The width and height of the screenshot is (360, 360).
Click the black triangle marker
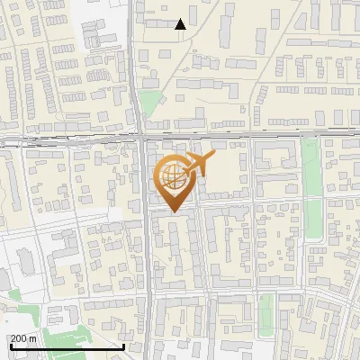pyautogui.click(x=180, y=24)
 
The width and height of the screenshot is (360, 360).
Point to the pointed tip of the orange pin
pyautogui.click(x=172, y=211)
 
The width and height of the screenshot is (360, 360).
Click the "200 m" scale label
pyautogui.click(x=22, y=338)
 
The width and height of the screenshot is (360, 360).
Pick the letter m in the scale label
pyautogui.click(x=32, y=338)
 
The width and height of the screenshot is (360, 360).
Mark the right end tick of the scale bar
pyautogui.click(x=123, y=345)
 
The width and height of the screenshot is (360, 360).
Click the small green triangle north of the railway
pyautogui.click(x=148, y=104)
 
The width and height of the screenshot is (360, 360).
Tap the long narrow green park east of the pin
pyautogui.click(x=312, y=189)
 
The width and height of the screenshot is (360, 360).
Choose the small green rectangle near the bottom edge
pyautogui.click(x=266, y=310)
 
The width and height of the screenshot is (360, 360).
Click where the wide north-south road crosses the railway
pyautogui.click(x=141, y=139)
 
